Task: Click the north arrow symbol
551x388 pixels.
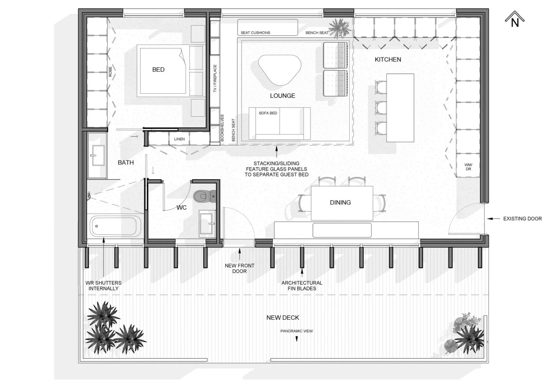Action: (514, 20)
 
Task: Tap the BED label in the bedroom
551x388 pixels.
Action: (158, 70)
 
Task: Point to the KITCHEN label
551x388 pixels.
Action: (388, 59)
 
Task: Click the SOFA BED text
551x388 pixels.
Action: (268, 113)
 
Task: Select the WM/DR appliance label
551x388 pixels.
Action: (468, 167)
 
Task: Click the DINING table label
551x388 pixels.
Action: (340, 202)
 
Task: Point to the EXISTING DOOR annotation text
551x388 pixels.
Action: (522, 219)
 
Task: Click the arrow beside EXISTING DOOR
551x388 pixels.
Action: (494, 219)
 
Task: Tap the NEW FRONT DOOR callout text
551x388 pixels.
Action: (239, 269)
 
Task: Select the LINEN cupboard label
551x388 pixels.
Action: (179, 139)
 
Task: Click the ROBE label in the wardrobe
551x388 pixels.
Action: (110, 72)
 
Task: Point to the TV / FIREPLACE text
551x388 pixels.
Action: (215, 78)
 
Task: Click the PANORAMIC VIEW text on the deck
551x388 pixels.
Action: (296, 331)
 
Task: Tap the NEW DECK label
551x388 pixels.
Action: (283, 318)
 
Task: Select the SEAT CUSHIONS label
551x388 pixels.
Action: (255, 33)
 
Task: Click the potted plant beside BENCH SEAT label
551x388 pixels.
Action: (340, 28)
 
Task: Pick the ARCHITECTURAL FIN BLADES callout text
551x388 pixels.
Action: (302, 286)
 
